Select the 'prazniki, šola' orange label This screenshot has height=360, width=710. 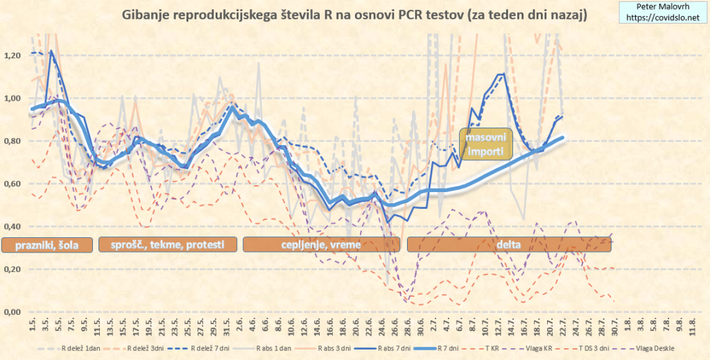47,244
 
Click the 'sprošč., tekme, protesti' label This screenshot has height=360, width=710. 168,244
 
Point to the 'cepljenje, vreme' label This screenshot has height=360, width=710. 321,244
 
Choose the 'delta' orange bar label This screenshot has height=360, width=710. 510,244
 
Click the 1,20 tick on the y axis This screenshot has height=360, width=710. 13,55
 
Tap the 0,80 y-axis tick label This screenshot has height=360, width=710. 13,141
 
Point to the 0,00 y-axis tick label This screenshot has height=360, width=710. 13,312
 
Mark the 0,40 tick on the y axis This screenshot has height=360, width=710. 13,227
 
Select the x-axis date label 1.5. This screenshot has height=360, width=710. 33,325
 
